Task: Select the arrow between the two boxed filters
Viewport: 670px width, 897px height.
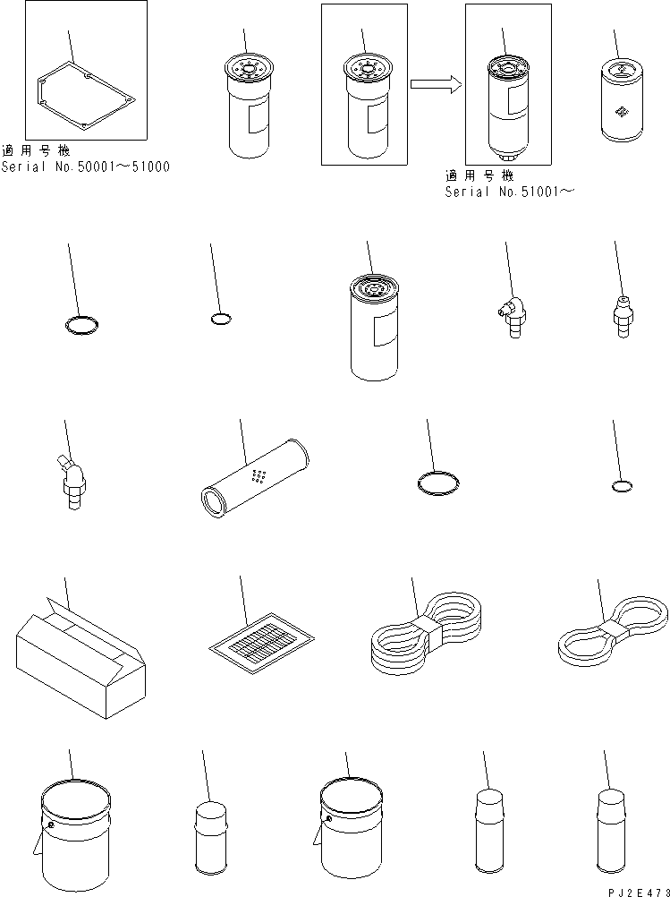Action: pos(436,85)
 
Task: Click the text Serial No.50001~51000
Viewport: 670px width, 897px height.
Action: pos(85,167)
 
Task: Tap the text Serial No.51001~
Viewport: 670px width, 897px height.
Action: pos(509,192)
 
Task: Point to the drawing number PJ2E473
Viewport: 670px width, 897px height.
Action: pos(639,892)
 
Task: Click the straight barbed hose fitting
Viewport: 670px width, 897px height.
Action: pos(623,316)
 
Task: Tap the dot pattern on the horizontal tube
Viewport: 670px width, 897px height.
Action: pos(260,476)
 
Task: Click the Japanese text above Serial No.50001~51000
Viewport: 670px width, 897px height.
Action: pos(36,151)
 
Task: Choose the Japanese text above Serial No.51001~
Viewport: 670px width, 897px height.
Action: pos(479,176)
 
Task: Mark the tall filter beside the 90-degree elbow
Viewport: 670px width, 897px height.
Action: pos(375,328)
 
